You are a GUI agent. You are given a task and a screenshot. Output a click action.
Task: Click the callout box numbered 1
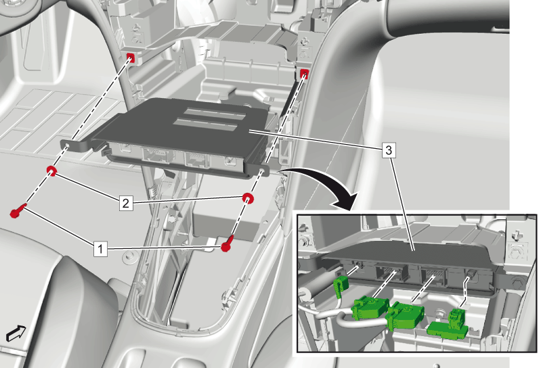pyautogui.click(x=100, y=248)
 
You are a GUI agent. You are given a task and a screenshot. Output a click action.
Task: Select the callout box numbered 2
pyautogui.click(x=125, y=203)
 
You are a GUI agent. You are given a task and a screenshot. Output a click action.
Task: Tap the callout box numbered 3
pyautogui.click(x=389, y=151)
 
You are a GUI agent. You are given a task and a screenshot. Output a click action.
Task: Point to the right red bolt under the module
pyautogui.click(x=228, y=244)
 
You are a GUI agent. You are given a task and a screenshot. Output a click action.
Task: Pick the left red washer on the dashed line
pyautogui.click(x=51, y=171)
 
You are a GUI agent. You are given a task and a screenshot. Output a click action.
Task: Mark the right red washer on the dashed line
pyautogui.click(x=248, y=198)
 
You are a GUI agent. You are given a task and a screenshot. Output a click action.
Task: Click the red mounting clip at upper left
pyautogui.click(x=131, y=59)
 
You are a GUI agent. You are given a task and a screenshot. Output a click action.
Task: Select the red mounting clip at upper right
pyautogui.click(x=303, y=74)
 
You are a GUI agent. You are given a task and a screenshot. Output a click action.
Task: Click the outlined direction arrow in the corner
pyautogui.click(x=16, y=333)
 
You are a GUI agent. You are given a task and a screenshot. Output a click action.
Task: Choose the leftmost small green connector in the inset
pyautogui.click(x=340, y=284)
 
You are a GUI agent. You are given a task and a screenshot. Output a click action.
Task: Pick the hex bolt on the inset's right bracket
pyautogui.click(x=516, y=283)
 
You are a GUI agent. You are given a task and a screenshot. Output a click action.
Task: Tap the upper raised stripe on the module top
pyautogui.click(x=215, y=112)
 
